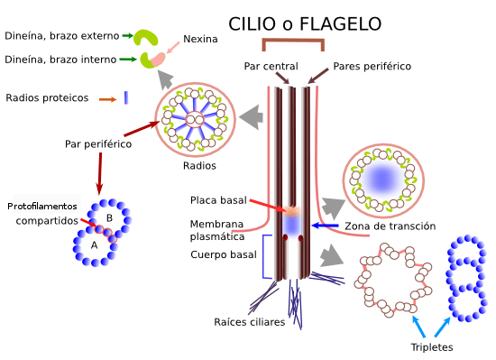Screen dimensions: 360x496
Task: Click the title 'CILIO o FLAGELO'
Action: pos(305,23)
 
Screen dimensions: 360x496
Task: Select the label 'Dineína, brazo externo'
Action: pos(62,36)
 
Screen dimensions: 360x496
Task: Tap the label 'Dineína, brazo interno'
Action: pos(60,60)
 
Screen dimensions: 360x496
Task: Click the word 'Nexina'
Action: pos(201,39)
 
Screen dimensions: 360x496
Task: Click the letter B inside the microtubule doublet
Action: pos(109,218)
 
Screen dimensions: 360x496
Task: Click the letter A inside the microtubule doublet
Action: pos(93,244)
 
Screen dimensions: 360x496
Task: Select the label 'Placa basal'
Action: pos(216,199)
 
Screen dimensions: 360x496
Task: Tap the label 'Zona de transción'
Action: pos(390,226)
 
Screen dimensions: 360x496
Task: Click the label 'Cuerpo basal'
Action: pos(223,255)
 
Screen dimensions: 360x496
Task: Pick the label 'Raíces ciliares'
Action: pos(250,321)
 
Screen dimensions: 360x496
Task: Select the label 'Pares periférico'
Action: pos(372,66)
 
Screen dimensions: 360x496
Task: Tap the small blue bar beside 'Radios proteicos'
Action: pos(126,97)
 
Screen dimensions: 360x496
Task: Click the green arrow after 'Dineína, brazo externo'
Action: pos(127,36)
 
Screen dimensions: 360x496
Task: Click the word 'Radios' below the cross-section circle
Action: pos(199,166)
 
